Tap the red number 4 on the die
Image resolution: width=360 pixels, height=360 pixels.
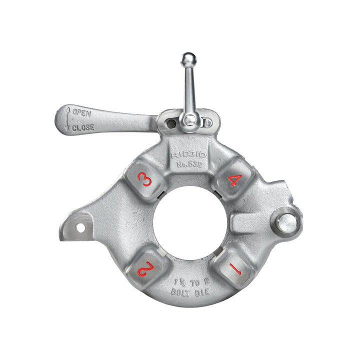[x=232, y=180]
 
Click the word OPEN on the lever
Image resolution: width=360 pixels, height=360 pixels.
[x=81, y=112]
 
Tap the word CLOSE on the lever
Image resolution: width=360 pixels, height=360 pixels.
[x=83, y=127]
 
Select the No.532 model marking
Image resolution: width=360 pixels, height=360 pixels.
[x=188, y=164]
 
